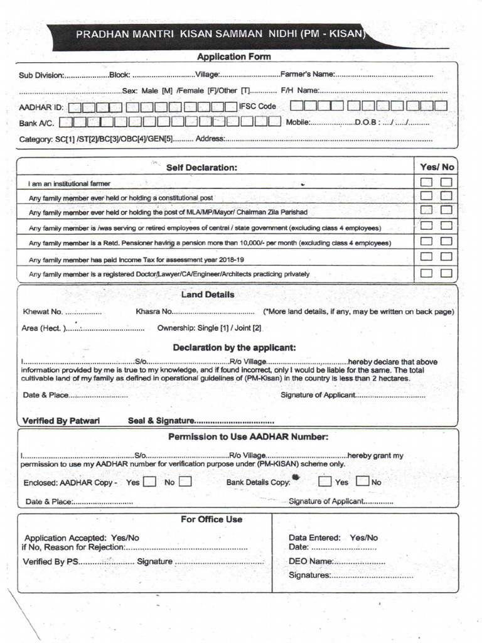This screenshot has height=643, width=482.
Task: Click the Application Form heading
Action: [x=234, y=57]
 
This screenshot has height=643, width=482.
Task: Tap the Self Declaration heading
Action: [x=201, y=168]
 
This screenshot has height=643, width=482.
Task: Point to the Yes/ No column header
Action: [x=437, y=167]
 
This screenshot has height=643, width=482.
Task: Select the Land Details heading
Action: [x=208, y=294]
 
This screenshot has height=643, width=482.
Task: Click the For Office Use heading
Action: [x=212, y=519]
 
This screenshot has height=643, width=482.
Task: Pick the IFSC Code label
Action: [x=257, y=106]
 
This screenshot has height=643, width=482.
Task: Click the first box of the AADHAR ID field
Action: [x=74, y=107]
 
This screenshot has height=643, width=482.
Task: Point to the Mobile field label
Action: [x=297, y=122]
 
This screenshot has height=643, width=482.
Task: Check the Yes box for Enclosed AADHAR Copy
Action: [x=149, y=482]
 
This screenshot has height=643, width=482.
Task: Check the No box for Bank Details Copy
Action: [x=362, y=482]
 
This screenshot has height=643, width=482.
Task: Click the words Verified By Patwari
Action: [x=61, y=421]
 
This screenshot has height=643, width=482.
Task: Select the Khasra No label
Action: [x=153, y=311]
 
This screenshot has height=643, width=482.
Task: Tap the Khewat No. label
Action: [x=43, y=311]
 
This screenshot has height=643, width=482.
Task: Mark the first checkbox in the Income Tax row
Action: [x=426, y=257]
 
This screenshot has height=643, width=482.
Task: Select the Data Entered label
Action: [x=314, y=538]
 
